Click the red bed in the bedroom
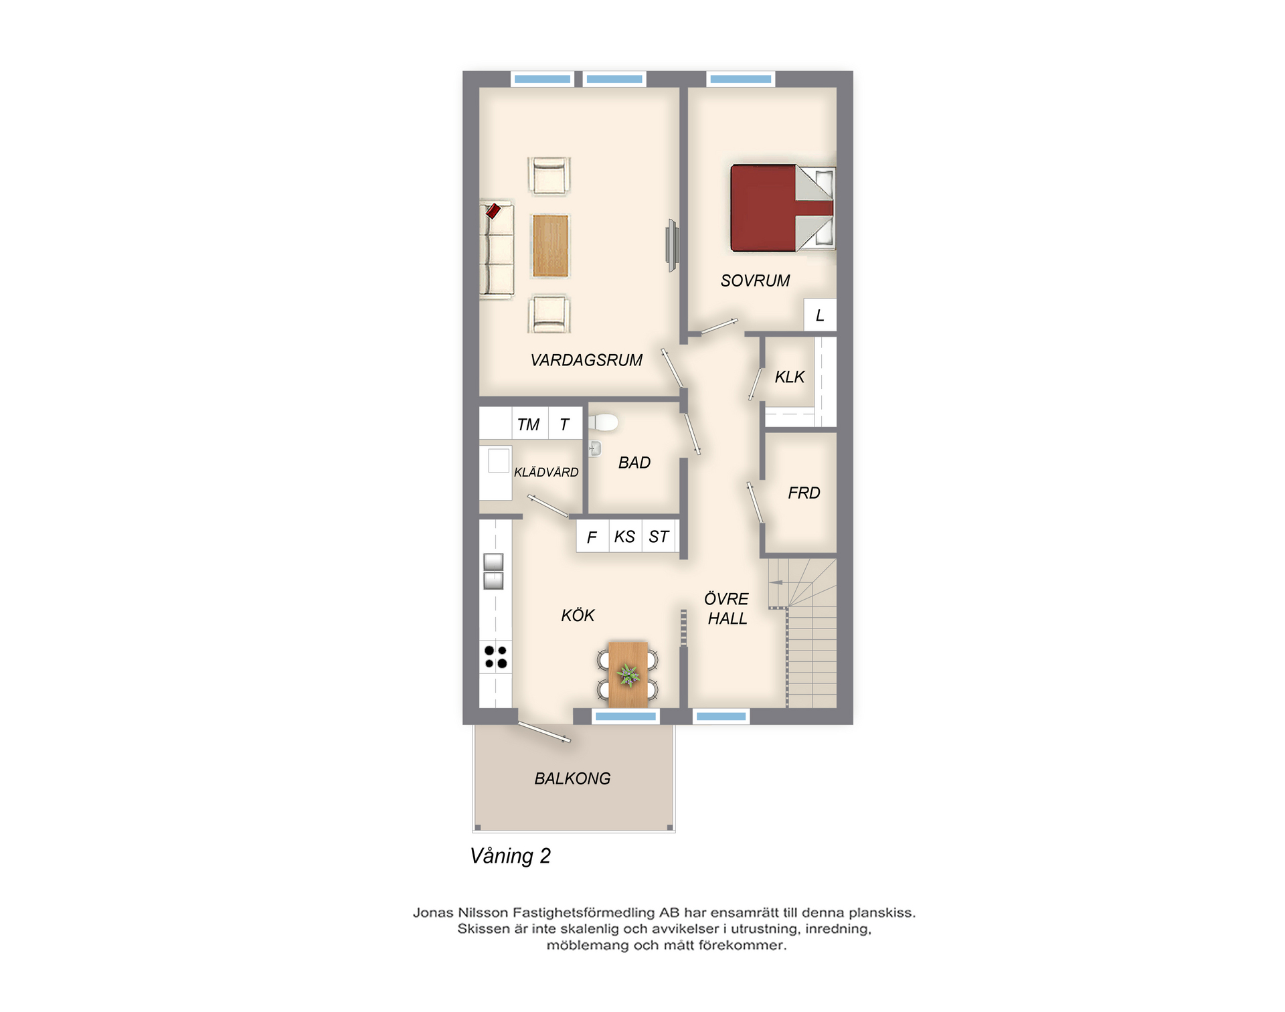click(782, 208)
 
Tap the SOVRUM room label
click(755, 281)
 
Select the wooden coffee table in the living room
click(551, 246)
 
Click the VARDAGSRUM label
click(586, 360)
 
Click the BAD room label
click(634, 462)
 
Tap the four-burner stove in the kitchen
click(496, 657)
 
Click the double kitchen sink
click(493, 571)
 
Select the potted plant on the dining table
click(628, 675)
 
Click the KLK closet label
click(790, 377)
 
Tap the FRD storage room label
click(804, 493)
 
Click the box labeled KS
click(625, 536)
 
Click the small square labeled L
click(820, 315)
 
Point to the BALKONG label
click(572, 778)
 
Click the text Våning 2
click(510, 856)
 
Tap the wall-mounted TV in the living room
click(673, 246)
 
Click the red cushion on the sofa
click(493, 211)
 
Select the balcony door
click(544, 732)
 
